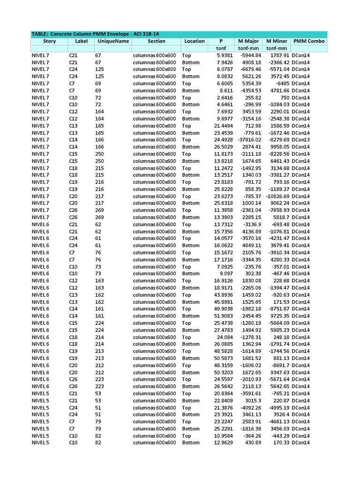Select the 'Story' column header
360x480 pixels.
pos(49,41)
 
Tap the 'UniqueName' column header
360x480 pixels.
pos(113,41)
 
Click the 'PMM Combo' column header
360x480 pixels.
pos(309,41)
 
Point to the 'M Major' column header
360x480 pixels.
pos(248,41)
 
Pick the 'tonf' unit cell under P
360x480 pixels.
pos(221,48)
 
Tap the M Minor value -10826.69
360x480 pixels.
pos(274,196)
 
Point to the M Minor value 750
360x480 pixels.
pos(282,97)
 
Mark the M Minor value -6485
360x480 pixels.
pos(280,83)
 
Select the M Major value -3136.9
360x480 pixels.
pos(251,225)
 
